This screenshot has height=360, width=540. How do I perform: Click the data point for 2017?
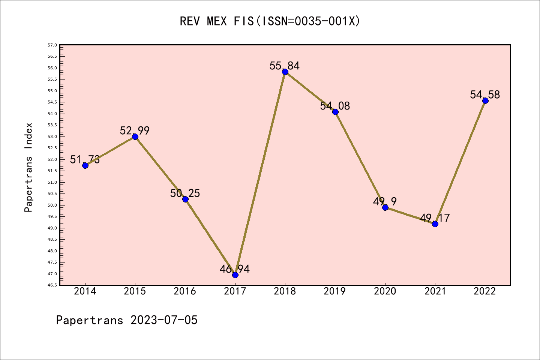(x=235, y=275)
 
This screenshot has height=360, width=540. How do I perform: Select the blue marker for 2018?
(x=285, y=72)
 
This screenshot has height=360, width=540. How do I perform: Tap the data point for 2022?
(x=485, y=100)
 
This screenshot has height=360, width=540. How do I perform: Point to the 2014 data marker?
(x=85, y=165)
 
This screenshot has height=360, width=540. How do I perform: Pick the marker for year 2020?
(x=385, y=207)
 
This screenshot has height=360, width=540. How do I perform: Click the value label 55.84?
(x=285, y=66)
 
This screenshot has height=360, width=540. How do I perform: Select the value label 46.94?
(x=235, y=269)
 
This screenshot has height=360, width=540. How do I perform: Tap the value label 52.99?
(x=135, y=130)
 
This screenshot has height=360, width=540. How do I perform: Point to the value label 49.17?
(x=435, y=218)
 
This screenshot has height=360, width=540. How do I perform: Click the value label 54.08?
(x=335, y=106)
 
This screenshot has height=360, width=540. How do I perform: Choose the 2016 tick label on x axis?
(x=185, y=291)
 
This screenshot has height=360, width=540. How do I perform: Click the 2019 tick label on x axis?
(x=335, y=291)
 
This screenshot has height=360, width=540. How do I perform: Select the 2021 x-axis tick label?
(x=435, y=291)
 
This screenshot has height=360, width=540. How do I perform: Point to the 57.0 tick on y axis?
(x=52, y=45)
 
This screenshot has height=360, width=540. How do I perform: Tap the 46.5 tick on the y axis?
(x=52, y=285)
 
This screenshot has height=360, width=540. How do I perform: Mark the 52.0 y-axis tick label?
(x=52, y=159)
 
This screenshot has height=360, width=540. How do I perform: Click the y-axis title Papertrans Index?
(x=28, y=167)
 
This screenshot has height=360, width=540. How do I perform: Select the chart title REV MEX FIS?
(x=270, y=21)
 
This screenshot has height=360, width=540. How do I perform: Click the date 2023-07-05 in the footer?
(x=164, y=320)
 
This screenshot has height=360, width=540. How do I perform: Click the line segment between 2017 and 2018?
(x=260, y=173)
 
